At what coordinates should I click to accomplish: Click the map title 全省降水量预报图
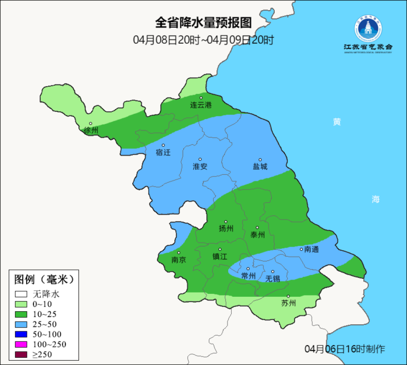point(203,22)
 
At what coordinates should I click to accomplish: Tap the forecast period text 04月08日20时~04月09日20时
point(203,40)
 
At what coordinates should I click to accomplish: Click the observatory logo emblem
point(368,29)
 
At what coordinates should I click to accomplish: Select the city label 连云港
point(201,105)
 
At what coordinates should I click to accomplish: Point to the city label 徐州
point(91,131)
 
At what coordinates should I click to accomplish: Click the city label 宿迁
point(163,152)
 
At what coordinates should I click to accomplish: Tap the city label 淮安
point(200,167)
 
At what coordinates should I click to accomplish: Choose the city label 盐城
point(260,167)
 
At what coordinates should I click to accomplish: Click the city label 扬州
point(226,229)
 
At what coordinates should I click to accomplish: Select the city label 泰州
point(257,235)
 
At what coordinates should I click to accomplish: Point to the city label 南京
point(178,260)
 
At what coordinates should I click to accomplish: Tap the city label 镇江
point(220,256)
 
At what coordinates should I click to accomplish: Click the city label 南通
point(312,249)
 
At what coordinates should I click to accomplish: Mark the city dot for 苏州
point(288,296)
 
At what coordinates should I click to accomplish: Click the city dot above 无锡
point(273,271)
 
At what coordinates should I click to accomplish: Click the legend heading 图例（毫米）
point(45,279)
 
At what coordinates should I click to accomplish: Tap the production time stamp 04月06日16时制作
point(345,349)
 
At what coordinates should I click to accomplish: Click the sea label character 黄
point(337,122)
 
